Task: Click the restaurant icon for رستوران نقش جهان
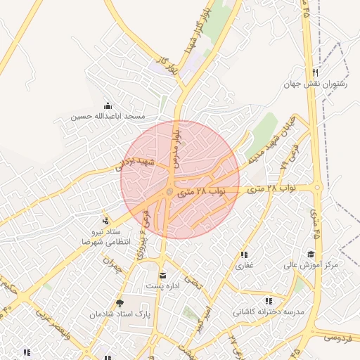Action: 316,72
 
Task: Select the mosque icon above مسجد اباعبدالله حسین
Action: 107,104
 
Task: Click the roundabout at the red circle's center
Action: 169,192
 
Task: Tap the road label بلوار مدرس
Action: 177,145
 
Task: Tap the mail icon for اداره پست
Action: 163,275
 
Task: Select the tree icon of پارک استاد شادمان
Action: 119,302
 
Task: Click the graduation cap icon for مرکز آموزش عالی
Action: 311,254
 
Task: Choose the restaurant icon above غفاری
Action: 244,255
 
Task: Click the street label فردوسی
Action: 338,338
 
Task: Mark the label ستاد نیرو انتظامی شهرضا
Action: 106,236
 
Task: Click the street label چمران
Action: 112,266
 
